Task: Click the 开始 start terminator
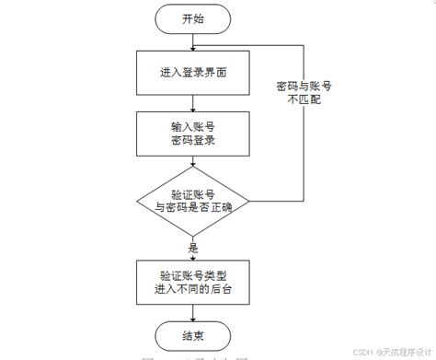[x=193, y=18]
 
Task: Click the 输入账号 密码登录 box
[x=193, y=133]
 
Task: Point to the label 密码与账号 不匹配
[x=304, y=93]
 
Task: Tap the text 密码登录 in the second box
[x=193, y=141]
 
